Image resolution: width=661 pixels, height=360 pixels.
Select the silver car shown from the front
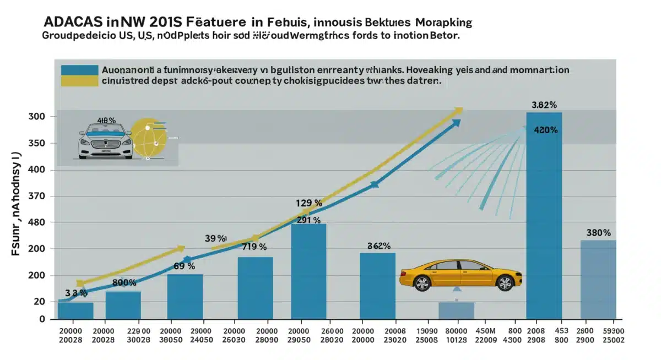(105, 142)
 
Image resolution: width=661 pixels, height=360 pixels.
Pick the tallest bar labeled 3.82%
(544, 215)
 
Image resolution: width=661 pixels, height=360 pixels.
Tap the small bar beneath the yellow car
(456, 310)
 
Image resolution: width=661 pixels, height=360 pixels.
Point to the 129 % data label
(308, 203)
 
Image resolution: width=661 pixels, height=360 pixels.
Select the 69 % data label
(184, 266)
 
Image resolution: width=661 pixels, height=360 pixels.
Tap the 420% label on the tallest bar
(546, 130)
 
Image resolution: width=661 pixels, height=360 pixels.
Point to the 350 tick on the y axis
(36, 144)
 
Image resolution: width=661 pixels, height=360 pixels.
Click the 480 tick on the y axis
(36, 222)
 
